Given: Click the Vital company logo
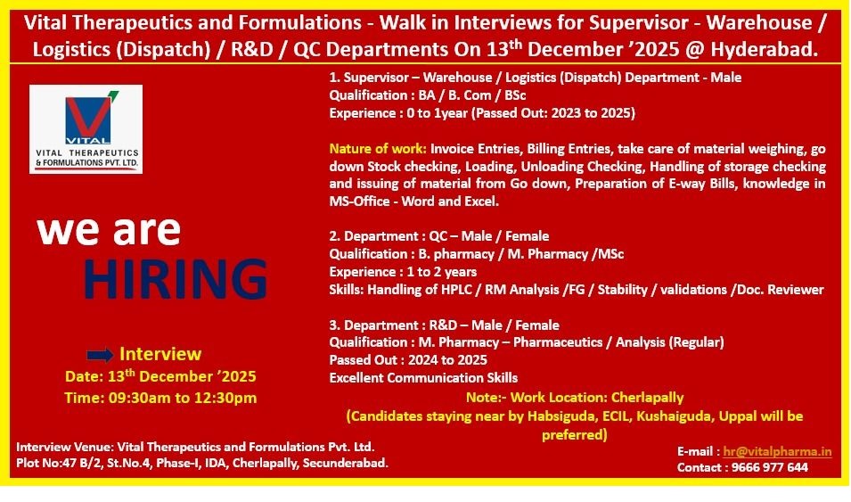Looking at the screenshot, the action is coord(86,129).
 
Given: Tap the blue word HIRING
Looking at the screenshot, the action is coord(176,279).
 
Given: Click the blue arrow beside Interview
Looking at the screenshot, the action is coord(100,355).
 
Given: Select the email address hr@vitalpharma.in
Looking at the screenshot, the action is coord(777,451).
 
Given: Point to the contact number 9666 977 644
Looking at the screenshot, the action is coord(770,467).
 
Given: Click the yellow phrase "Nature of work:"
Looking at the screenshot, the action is coord(378,149).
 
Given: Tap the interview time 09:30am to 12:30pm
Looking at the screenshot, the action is coord(183,398).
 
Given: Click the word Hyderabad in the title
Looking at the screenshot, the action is coord(765,49).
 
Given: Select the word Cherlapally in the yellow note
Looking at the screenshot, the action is coord(648,398).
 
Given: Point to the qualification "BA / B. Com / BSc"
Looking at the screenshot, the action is coord(471,95).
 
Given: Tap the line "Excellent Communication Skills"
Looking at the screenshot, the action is coord(423,378).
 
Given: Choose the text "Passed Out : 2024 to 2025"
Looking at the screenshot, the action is coord(408,360).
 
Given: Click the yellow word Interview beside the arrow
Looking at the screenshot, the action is coord(160,354).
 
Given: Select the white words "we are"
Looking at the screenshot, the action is coord(109,230).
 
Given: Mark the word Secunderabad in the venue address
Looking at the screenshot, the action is coord(345,464).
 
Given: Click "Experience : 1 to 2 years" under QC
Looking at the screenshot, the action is coord(404,272).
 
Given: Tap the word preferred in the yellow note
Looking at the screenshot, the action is coord(574,435).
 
